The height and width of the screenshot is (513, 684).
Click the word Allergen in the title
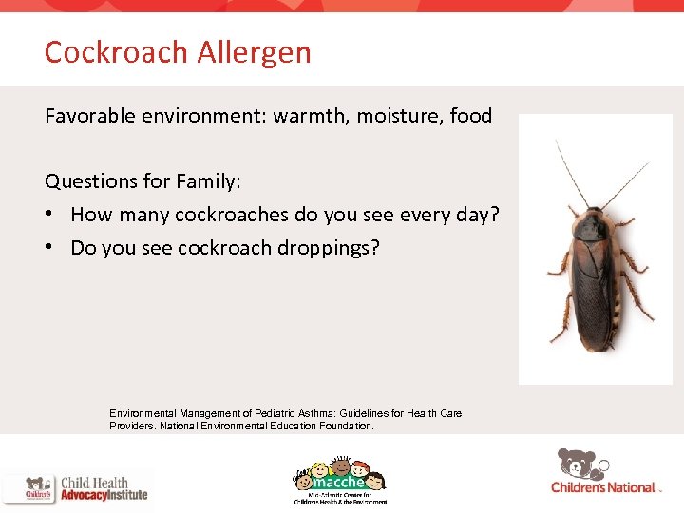(x=255, y=52)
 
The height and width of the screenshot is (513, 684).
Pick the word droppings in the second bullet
(x=328, y=249)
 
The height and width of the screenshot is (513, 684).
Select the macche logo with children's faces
(x=338, y=480)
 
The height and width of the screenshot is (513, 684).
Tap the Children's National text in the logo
(x=602, y=487)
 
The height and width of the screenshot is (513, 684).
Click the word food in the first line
(x=471, y=116)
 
